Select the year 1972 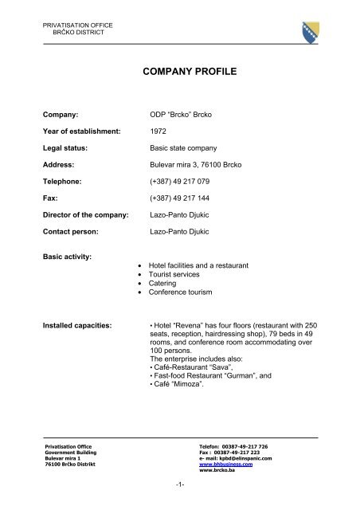tap(159, 131)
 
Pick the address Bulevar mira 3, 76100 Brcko tap(202, 165)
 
